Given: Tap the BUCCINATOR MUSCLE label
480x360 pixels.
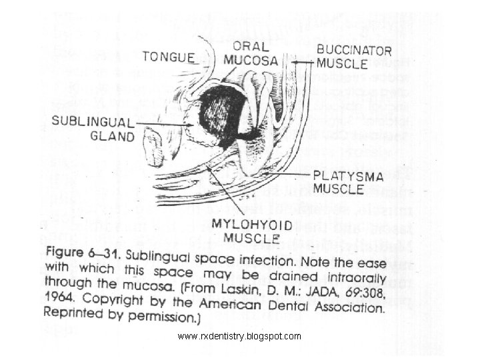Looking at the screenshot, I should [x=342, y=57].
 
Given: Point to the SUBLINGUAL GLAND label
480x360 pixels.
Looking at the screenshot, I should [x=93, y=130].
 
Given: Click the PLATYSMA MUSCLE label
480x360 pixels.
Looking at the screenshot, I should [x=338, y=182].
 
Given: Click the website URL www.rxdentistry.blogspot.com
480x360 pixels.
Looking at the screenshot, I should [x=239, y=337].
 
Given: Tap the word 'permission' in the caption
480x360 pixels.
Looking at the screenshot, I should [x=153, y=316].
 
